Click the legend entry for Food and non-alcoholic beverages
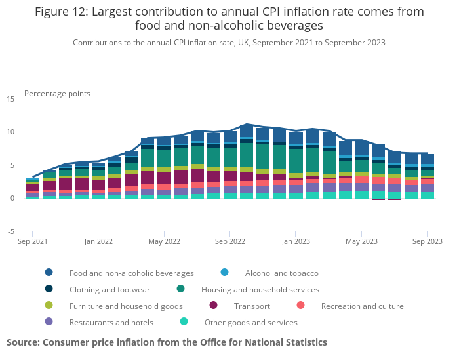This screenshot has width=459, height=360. click(132, 273)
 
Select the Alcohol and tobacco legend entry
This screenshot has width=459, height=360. click(281, 273)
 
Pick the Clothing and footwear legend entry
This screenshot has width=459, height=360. click(110, 289)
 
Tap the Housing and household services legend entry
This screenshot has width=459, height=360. click(260, 289)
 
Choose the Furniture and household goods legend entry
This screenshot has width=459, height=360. click(126, 306)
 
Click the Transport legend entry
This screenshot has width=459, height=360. click(252, 306)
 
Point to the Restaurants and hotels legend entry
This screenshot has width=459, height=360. click(111, 322)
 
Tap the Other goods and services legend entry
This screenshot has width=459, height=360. click(250, 322)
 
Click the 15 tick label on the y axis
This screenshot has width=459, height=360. click(10, 99)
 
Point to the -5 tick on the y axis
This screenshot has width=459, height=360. click(10, 231)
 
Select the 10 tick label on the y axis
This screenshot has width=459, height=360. click(10, 132)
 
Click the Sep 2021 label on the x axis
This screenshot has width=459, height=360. click(33, 242)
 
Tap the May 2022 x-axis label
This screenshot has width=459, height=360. click(164, 242)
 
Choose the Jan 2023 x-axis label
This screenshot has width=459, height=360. click(296, 242)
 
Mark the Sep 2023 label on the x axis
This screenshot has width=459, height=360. click(427, 242)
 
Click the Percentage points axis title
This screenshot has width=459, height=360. click(57, 94)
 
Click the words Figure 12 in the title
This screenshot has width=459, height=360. click(62, 12)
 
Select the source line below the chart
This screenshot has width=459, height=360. click(167, 342)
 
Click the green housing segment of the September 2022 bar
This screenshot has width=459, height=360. click(230, 157)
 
